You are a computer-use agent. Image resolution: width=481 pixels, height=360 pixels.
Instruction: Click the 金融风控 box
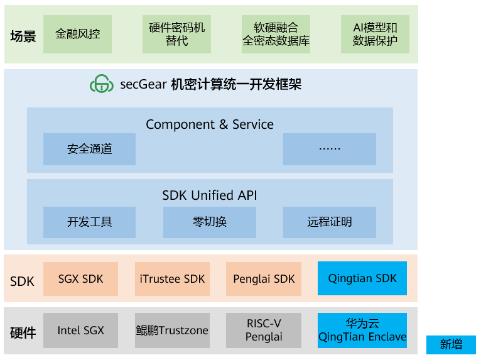point(78,34)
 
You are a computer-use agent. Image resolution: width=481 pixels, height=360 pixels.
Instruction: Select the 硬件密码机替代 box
point(176,34)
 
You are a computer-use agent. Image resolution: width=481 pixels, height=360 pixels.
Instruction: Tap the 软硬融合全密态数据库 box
point(276,34)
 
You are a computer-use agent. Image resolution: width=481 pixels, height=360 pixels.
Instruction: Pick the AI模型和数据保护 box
point(375,34)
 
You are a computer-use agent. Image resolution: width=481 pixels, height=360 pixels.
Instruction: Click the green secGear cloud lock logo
point(101,84)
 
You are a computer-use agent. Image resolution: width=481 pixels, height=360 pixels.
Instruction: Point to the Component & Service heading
point(210,124)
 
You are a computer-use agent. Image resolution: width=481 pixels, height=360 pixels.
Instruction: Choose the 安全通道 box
point(89,149)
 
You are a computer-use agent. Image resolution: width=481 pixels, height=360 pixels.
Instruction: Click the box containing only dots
point(329,149)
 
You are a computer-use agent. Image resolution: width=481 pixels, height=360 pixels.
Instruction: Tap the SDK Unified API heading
point(210,195)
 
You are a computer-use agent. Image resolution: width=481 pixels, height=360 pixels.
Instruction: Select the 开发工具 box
point(89,222)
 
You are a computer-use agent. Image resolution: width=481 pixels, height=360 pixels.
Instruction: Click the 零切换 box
point(209,222)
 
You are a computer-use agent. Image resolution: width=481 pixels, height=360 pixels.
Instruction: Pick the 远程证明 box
point(329,222)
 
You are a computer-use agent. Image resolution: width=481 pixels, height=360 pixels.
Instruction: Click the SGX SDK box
point(80,279)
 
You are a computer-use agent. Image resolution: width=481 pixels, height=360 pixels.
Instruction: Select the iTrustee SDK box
point(171,279)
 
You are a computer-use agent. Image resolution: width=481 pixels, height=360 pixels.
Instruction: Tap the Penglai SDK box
point(263,279)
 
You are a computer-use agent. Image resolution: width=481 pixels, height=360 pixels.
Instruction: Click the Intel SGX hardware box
point(80,330)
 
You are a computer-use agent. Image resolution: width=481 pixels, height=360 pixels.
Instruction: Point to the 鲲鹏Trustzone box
point(171,330)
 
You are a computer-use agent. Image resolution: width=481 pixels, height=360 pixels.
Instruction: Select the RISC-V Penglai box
point(263,330)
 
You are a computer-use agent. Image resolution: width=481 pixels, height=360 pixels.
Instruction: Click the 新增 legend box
point(451,344)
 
